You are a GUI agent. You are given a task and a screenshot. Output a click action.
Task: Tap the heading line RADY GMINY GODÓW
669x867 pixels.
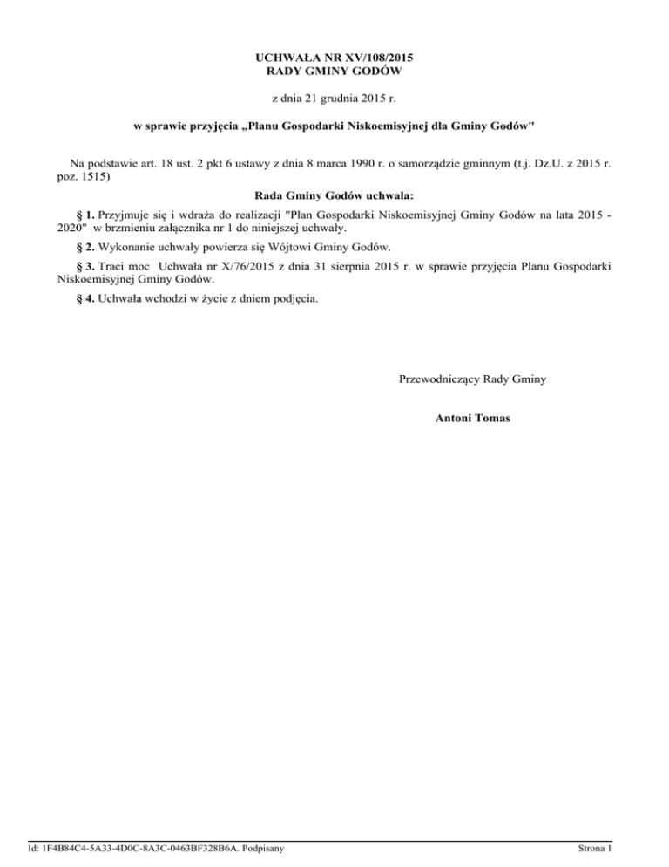334,71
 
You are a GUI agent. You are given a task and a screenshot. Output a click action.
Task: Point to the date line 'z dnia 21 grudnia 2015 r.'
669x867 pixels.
334,99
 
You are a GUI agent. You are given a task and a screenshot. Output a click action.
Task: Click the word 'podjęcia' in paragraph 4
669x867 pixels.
296,300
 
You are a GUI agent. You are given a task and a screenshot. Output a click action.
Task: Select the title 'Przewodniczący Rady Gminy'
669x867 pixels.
472,379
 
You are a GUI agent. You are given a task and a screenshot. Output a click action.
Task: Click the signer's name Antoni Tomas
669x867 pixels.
472,419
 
